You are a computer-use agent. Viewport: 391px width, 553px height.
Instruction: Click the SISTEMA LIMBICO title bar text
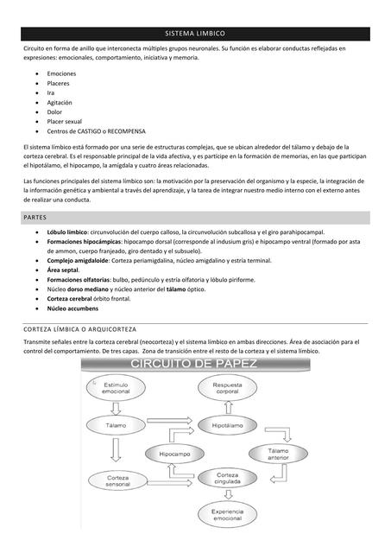point(195,34)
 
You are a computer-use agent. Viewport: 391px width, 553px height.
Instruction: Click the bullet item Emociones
point(61,74)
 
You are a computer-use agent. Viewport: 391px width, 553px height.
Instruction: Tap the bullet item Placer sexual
point(65,122)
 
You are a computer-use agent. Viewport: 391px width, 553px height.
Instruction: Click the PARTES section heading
point(35,218)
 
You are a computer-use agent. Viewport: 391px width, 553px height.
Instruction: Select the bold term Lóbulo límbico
point(67,232)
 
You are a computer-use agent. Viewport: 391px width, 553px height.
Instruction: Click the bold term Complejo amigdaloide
point(78,260)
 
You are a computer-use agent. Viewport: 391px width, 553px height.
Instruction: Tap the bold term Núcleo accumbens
point(73,308)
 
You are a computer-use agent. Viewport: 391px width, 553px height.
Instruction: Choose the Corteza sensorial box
point(117,480)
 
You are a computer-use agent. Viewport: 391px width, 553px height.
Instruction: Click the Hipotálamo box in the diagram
point(228,426)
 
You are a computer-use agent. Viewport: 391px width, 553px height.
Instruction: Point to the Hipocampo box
point(174,453)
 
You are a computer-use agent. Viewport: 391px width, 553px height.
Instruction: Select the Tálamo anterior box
point(278,455)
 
